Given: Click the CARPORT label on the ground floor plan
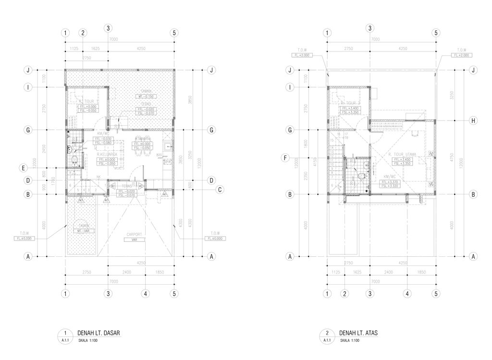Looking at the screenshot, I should pyautogui.click(x=135, y=234).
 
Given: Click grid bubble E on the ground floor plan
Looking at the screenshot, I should pyautogui.click(x=23, y=168).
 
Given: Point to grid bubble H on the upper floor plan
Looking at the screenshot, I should pyautogui.click(x=473, y=120).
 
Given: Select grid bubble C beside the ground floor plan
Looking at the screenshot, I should pyautogui.click(x=219, y=190).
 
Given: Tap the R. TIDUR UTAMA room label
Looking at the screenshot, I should pyautogui.click(x=402, y=155).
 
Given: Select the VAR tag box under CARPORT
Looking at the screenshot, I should pyautogui.click(x=134, y=239).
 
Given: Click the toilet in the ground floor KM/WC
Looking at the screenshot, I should pyautogui.click(x=74, y=159).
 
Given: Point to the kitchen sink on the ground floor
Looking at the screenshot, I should pyautogui.click(x=168, y=147).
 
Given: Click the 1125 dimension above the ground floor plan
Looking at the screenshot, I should pyautogui.click(x=74, y=48).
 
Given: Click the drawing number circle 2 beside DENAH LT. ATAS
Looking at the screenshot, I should pyautogui.click(x=327, y=332).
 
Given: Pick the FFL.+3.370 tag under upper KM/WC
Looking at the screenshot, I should pyautogui.click(x=390, y=182).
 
